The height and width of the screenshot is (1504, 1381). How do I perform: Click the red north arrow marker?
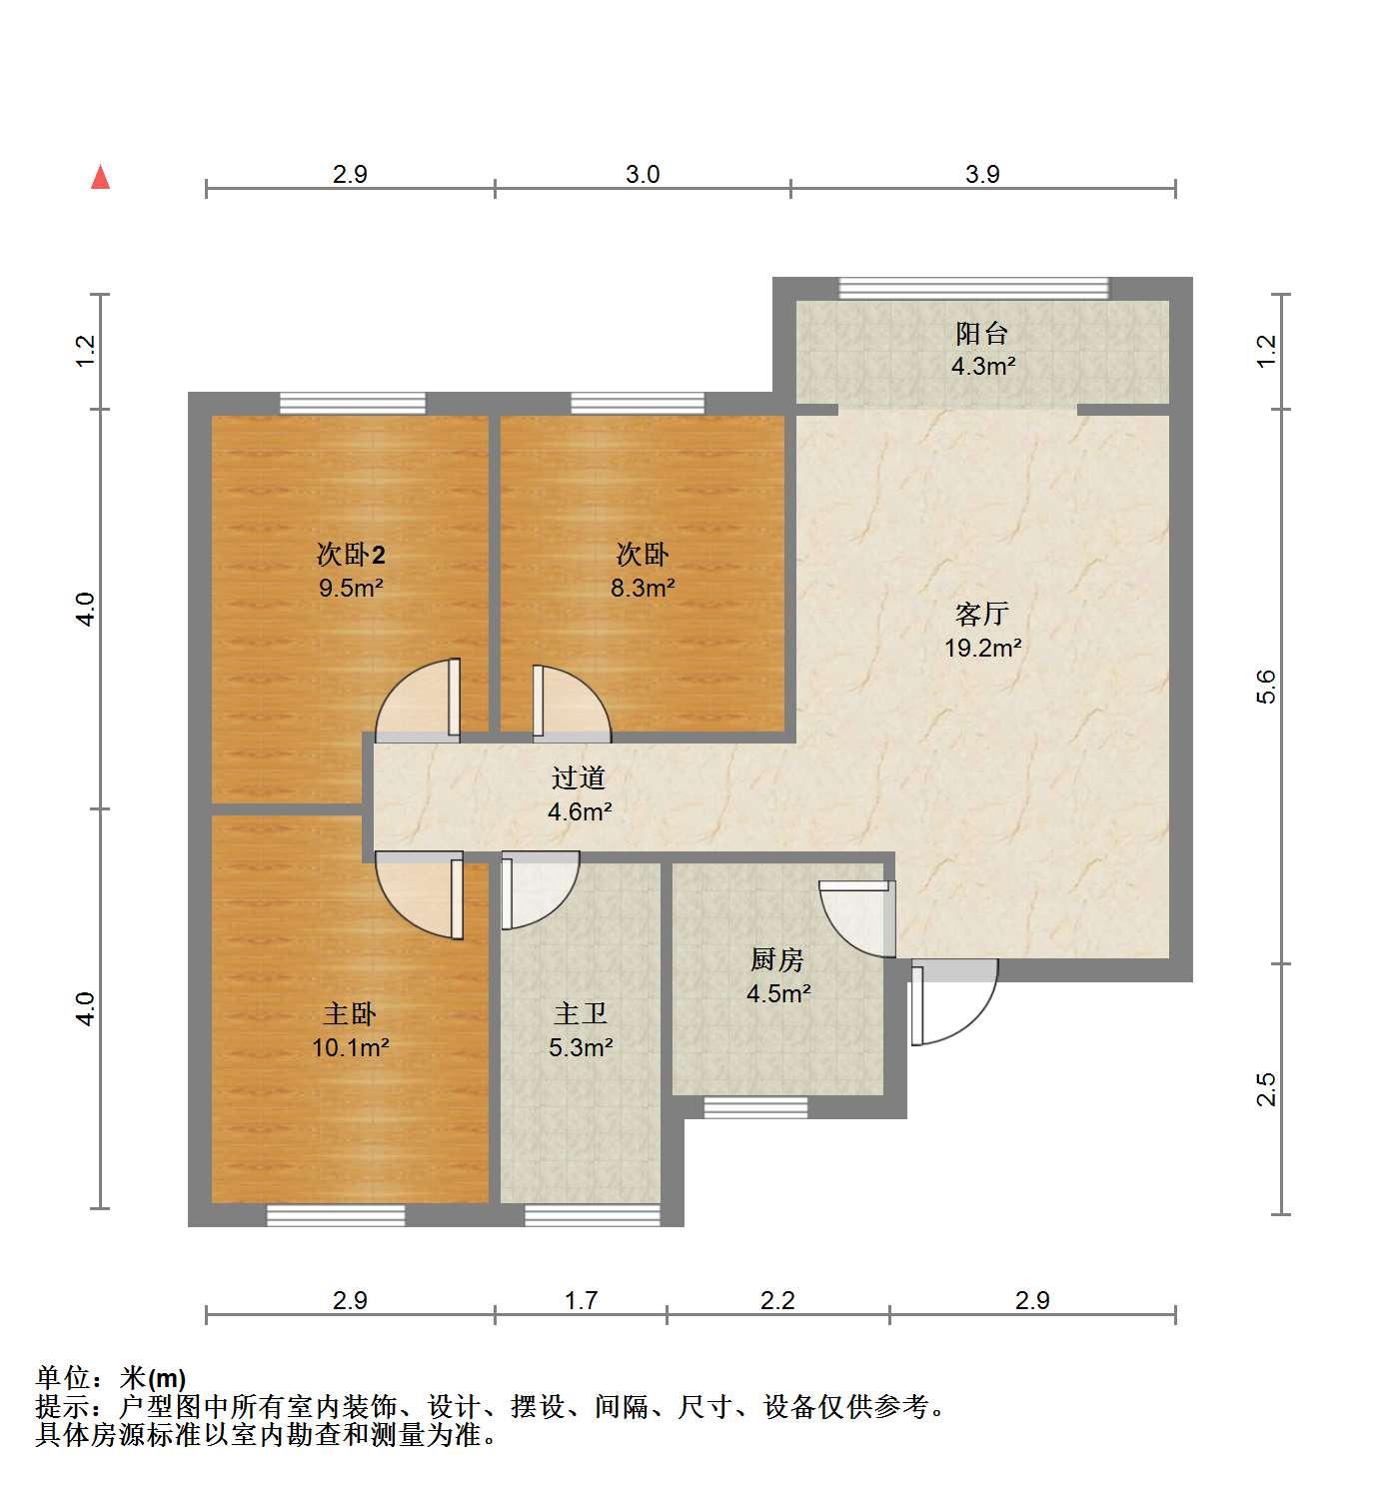click(x=101, y=178)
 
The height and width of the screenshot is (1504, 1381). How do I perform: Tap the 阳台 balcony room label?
click(x=981, y=334)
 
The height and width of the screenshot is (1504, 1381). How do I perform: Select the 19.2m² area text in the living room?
click(x=982, y=647)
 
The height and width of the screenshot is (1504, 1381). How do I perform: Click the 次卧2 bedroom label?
click(x=351, y=554)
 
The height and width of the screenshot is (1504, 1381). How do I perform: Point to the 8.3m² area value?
click(x=643, y=587)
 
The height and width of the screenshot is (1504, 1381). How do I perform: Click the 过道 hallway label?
click(x=579, y=777)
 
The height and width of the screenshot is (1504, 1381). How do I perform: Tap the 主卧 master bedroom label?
click(x=350, y=1014)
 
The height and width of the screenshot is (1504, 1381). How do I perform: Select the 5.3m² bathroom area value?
click(x=581, y=1047)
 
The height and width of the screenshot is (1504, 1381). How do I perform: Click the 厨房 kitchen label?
click(x=777, y=959)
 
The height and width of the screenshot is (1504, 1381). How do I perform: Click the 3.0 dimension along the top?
click(x=643, y=174)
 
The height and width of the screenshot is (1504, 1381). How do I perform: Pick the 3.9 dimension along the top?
click(x=982, y=174)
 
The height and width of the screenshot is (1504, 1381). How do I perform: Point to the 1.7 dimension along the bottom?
click(x=581, y=1300)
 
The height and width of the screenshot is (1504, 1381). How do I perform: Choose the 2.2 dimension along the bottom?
click(x=777, y=1300)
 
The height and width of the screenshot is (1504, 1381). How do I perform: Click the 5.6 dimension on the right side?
click(x=1265, y=686)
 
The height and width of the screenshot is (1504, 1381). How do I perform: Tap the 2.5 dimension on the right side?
click(x=1265, y=1089)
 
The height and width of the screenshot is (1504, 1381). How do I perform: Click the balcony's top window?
click(x=973, y=289)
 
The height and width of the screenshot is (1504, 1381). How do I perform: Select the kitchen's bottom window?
click(x=755, y=1107)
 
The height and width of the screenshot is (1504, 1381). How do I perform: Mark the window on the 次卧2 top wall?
click(x=353, y=404)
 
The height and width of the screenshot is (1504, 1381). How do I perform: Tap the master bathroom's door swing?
click(x=541, y=890)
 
